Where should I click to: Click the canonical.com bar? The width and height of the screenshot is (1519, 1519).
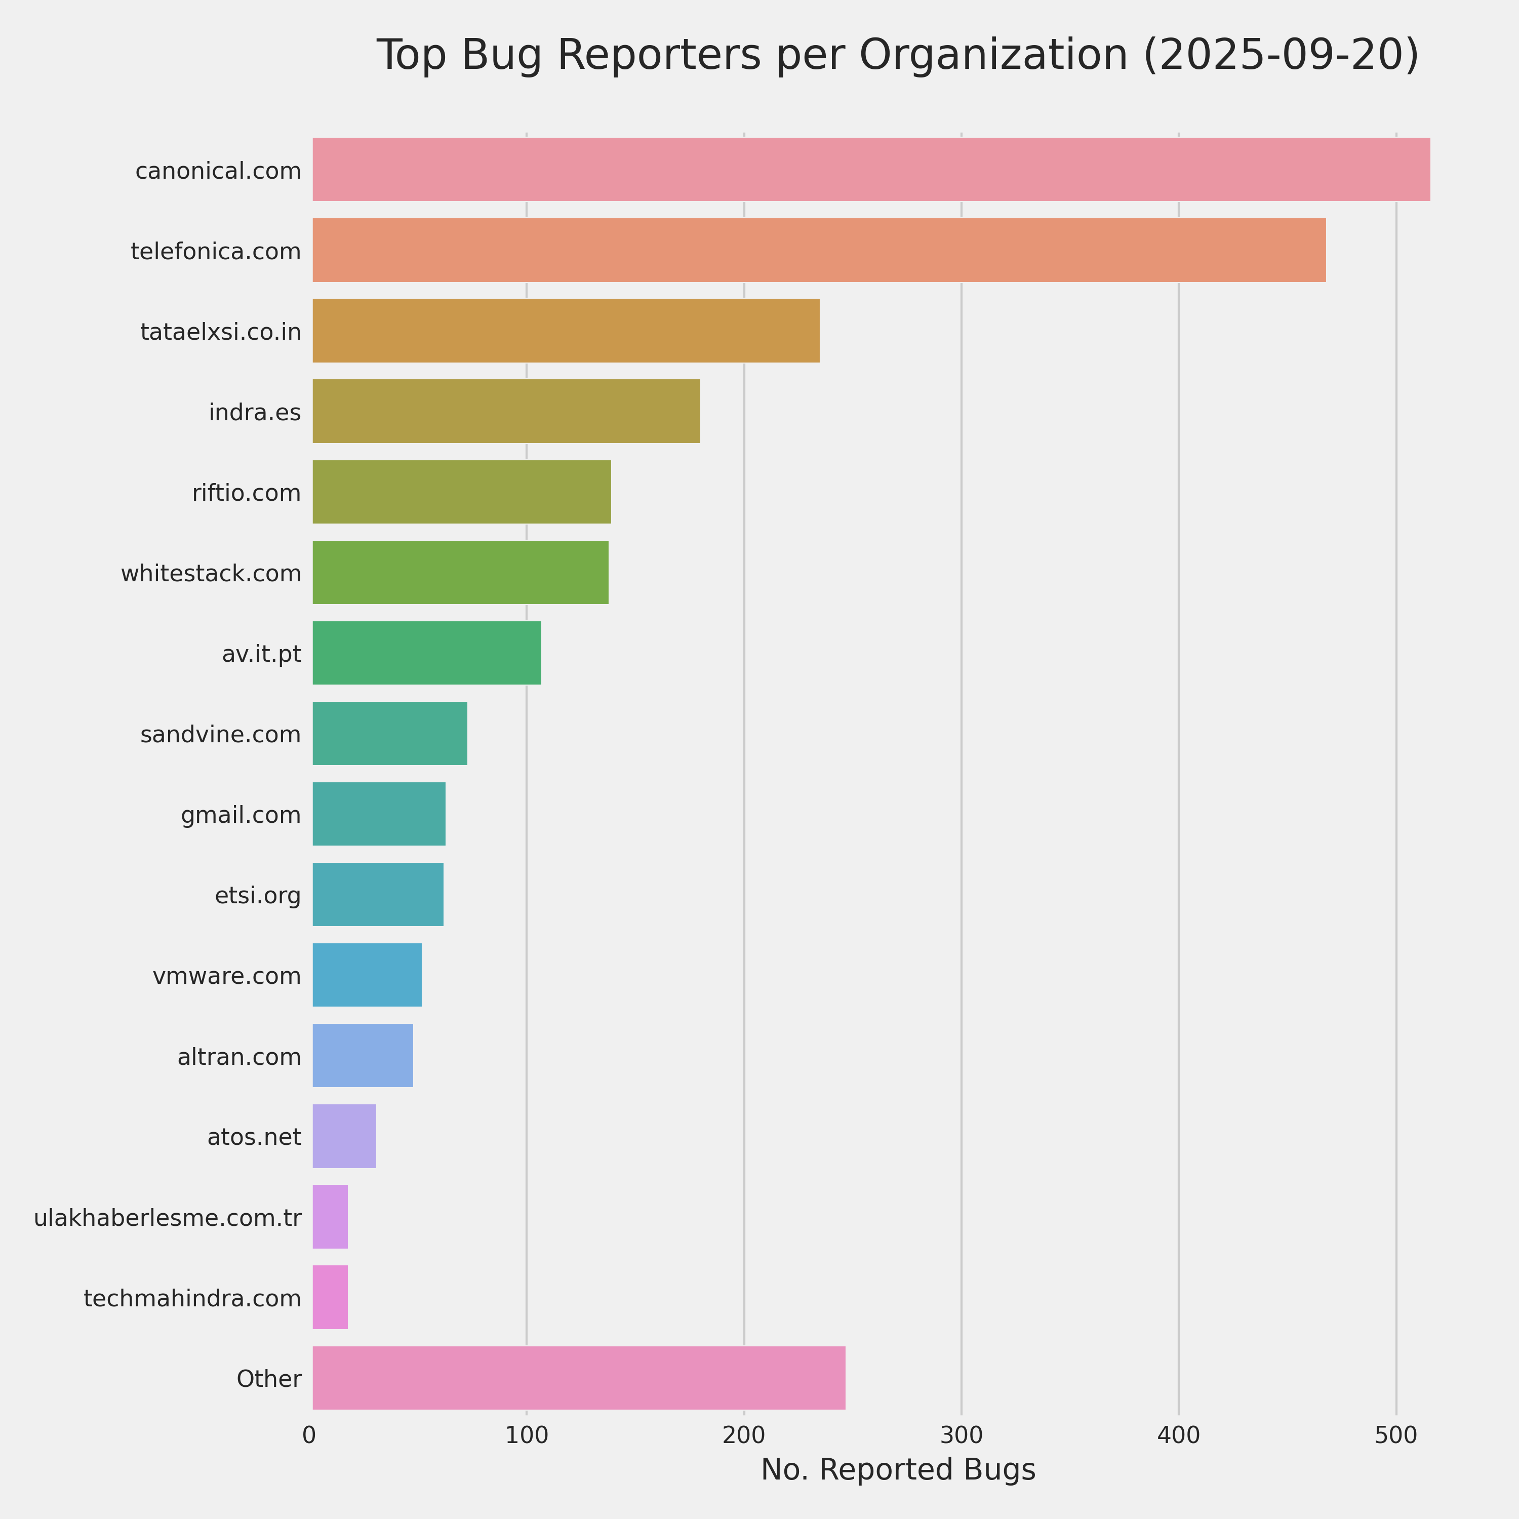[x=870, y=170]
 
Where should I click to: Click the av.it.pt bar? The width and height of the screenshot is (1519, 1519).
[x=426, y=653]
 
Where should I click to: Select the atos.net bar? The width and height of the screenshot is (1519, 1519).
[x=344, y=1136]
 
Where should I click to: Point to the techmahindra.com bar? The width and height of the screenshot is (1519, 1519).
[x=330, y=1297]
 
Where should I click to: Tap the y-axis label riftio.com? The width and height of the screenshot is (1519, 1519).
[x=246, y=493]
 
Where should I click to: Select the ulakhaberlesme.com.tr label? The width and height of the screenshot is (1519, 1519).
[x=168, y=1218]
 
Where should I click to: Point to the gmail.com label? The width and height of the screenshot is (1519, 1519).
[x=241, y=815]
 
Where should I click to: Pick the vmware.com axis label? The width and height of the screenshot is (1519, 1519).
[x=226, y=976]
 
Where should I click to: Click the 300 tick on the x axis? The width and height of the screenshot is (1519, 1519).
[x=961, y=1435]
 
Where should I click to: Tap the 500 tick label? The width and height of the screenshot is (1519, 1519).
[x=1395, y=1435]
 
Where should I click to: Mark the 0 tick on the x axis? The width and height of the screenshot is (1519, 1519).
[x=309, y=1435]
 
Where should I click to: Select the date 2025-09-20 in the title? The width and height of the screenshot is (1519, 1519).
[x=1280, y=55]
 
